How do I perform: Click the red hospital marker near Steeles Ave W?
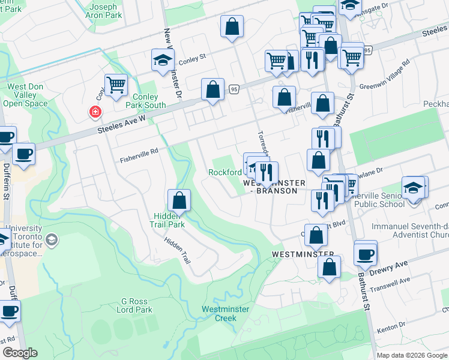tap(94, 112)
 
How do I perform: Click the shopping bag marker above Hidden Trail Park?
tap(179, 200)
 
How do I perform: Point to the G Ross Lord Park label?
tap(137, 305)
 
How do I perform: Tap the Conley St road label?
tap(193, 58)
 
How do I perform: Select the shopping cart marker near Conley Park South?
tap(116, 85)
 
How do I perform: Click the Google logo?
tap(20, 353)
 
